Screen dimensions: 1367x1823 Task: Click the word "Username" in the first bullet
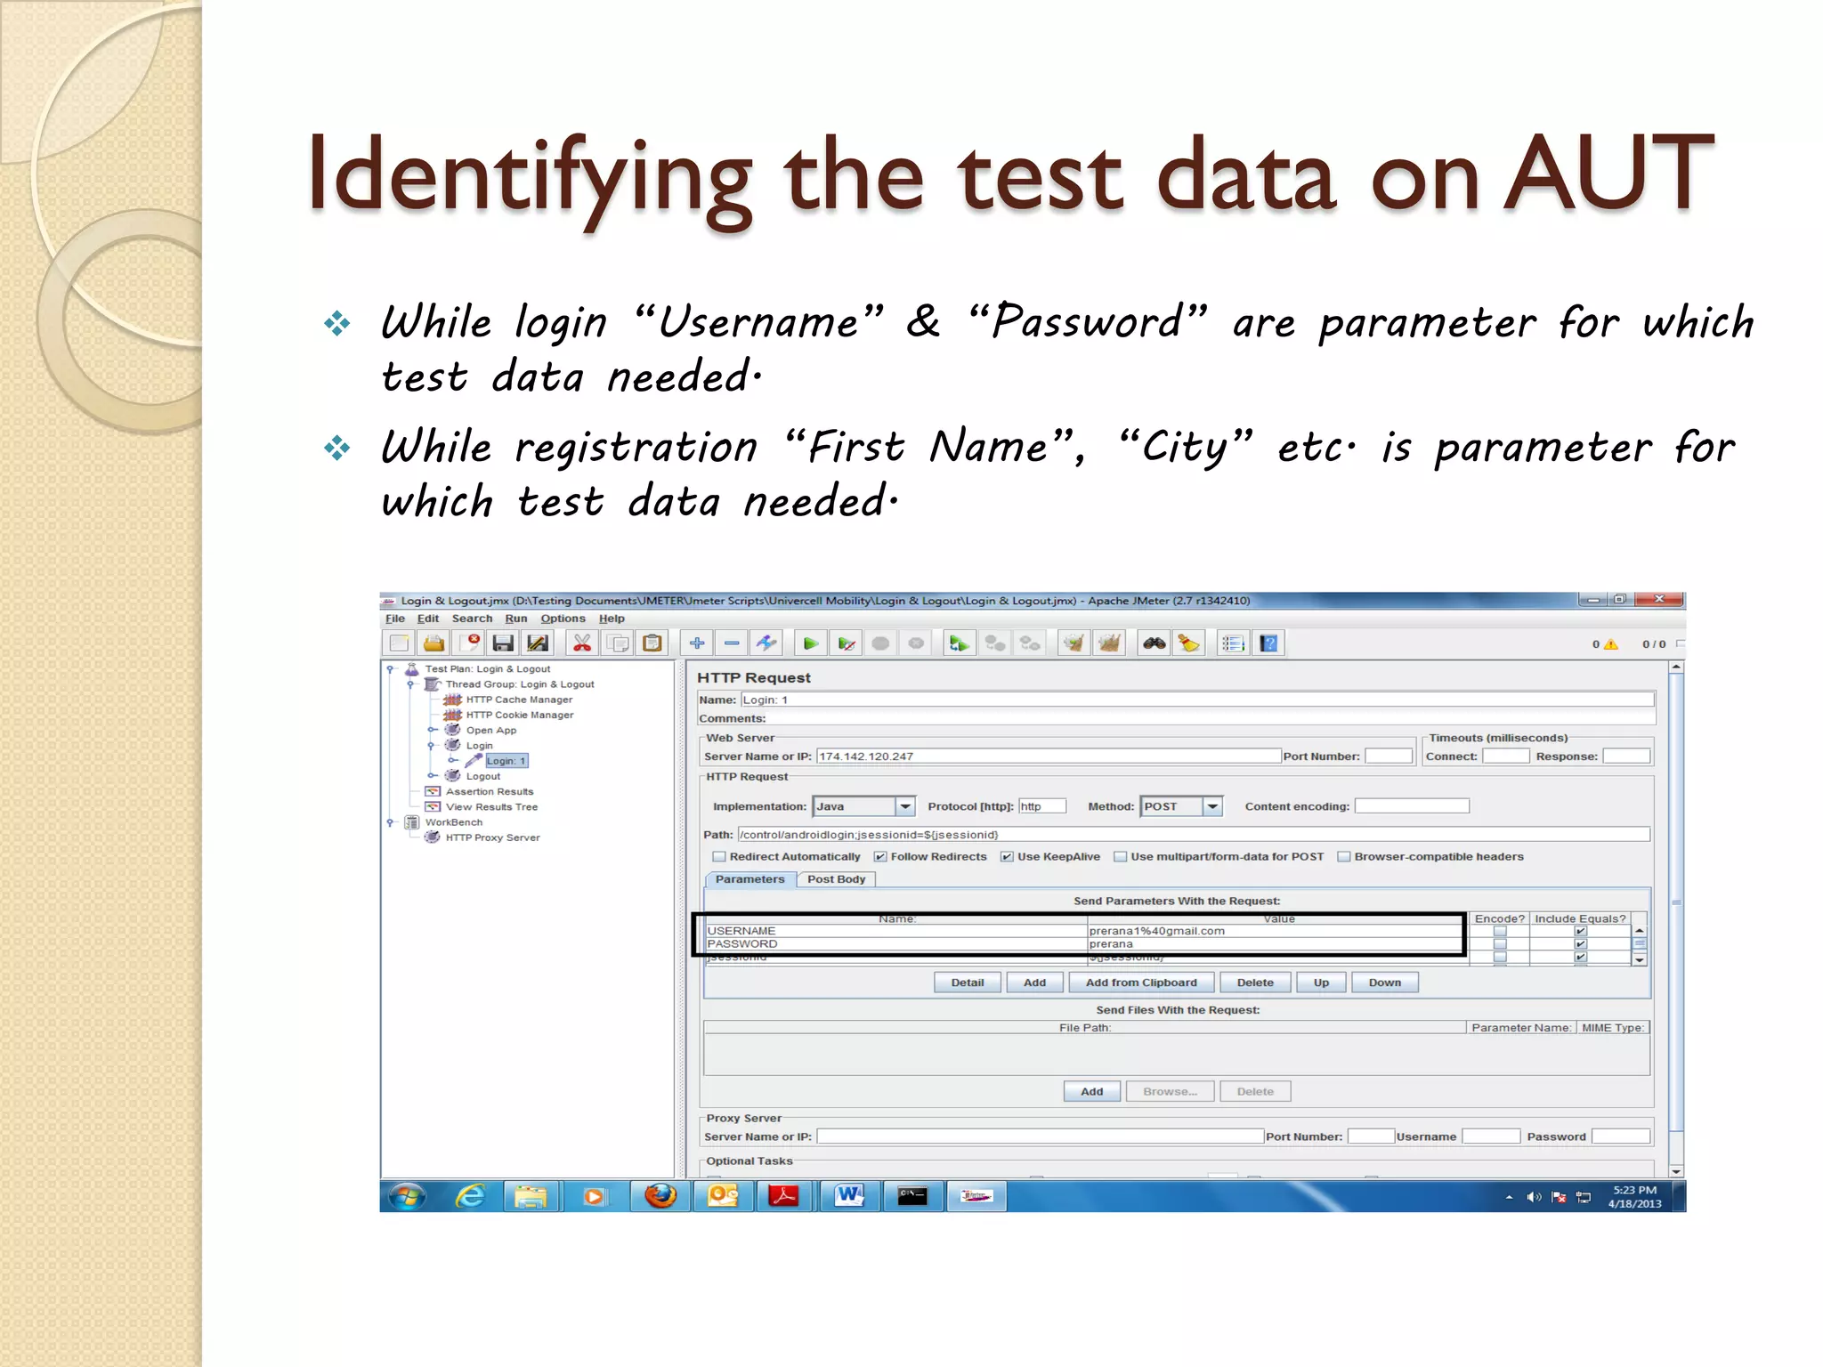click(x=758, y=321)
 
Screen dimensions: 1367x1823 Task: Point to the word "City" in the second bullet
click(x=1185, y=446)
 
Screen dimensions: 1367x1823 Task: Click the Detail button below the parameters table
click(x=967, y=983)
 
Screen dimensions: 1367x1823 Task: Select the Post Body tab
click(x=836, y=879)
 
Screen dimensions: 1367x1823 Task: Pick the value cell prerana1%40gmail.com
click(x=1157, y=931)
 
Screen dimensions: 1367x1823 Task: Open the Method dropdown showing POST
click(x=1211, y=806)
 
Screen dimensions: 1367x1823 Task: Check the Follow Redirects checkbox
click(x=880, y=857)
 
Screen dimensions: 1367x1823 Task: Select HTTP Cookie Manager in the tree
click(x=519, y=715)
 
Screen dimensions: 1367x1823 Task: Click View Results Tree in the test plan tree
click(x=491, y=807)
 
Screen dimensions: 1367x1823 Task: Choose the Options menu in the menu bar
click(x=563, y=619)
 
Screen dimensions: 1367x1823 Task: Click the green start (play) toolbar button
click(x=810, y=643)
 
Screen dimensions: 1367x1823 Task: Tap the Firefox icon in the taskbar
click(x=660, y=1196)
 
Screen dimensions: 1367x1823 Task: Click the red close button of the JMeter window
click(x=1658, y=600)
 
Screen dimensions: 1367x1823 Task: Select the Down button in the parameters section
click(x=1384, y=983)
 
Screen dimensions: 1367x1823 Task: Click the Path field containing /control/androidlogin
click(x=1193, y=835)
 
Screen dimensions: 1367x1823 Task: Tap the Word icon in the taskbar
click(x=848, y=1196)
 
